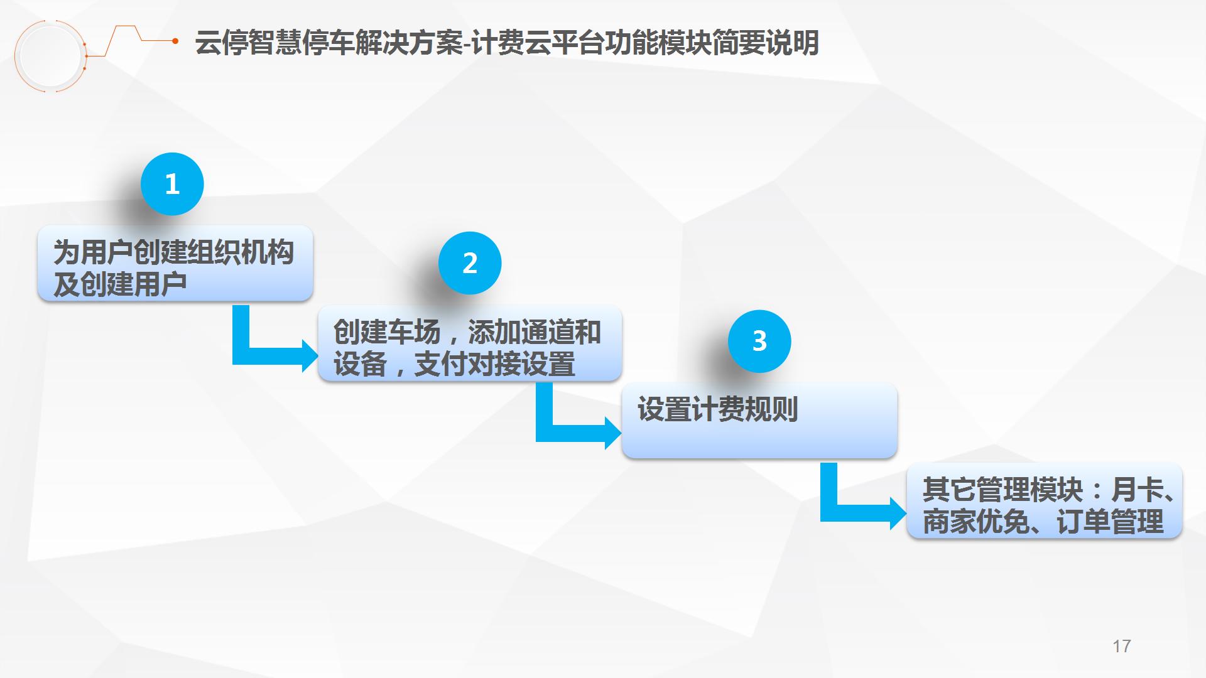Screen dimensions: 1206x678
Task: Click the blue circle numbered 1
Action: pyautogui.click(x=172, y=184)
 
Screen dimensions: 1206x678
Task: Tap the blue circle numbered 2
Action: pyautogui.click(x=470, y=263)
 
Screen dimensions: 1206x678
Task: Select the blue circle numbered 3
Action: pyautogui.click(x=759, y=341)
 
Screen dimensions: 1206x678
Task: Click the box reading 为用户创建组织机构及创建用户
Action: pyautogui.click(x=175, y=264)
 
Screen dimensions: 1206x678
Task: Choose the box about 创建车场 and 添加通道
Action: pyautogui.click(x=470, y=343)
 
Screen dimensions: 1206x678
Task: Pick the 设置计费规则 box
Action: pyautogui.click(x=759, y=420)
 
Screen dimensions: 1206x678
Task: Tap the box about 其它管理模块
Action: pyautogui.click(x=1045, y=500)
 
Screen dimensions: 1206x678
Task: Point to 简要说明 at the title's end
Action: pyautogui.click(x=766, y=43)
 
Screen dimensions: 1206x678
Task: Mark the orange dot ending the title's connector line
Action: pyautogui.click(x=175, y=41)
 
